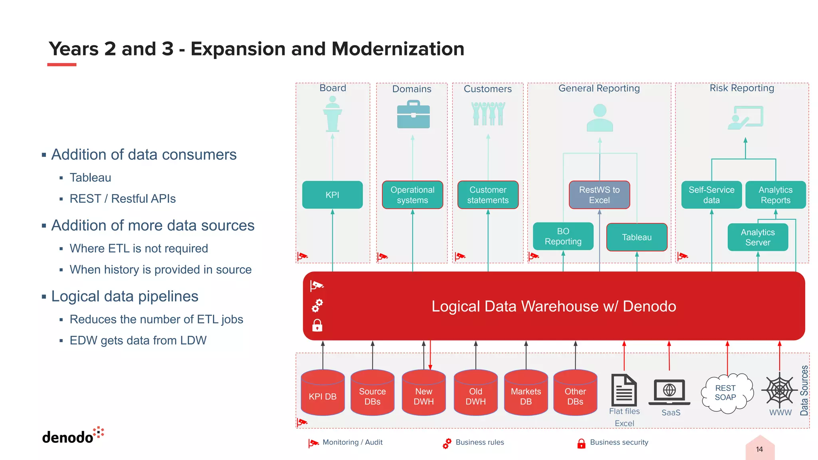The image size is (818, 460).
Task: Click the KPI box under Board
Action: click(332, 195)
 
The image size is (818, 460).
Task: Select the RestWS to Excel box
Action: click(599, 195)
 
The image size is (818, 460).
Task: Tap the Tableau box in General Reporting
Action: click(637, 237)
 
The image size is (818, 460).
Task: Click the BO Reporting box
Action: click(563, 236)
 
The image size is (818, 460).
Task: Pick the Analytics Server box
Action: click(758, 237)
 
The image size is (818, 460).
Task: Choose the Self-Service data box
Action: click(711, 195)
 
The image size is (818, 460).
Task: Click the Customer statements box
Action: click(488, 195)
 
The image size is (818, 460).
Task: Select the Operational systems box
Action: click(412, 195)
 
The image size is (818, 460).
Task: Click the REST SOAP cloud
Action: click(727, 393)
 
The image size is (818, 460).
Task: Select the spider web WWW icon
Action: click(779, 390)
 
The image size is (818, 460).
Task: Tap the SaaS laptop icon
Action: click(669, 391)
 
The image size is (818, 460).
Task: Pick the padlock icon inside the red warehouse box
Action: click(317, 325)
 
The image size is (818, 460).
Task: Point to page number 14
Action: click(759, 449)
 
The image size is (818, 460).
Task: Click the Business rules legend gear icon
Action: click(447, 443)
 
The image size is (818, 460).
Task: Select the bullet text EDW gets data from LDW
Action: click(138, 341)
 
